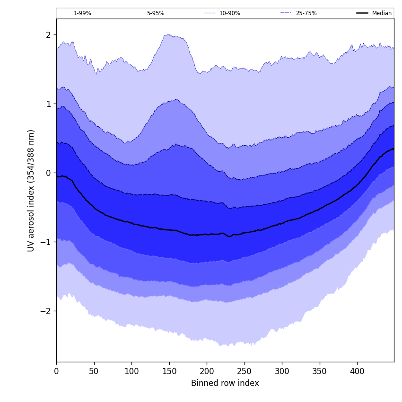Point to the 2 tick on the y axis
[x=48, y=35]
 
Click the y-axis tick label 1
[x=48, y=104]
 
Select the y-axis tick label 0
[x=48, y=173]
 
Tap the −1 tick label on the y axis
[x=46, y=242]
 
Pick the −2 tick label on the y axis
[x=46, y=311]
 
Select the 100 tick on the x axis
[x=131, y=372]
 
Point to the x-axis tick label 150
[x=169, y=372]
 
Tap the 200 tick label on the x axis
[x=207, y=372]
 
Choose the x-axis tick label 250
[x=245, y=372]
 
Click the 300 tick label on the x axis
[x=282, y=372]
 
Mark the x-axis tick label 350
[x=320, y=372]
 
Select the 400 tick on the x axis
[x=357, y=372]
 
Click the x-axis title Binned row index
[x=225, y=384]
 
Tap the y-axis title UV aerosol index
[x=31, y=190]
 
